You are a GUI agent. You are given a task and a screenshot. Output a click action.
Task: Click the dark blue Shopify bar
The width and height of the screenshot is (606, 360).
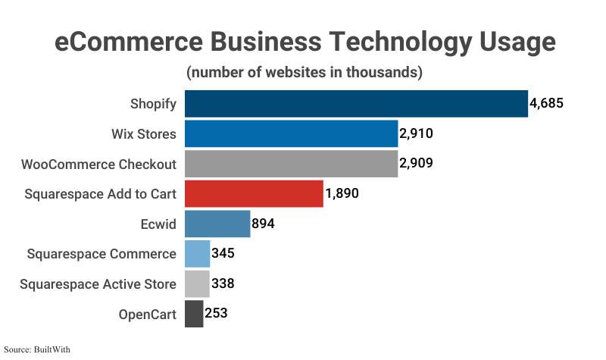356,104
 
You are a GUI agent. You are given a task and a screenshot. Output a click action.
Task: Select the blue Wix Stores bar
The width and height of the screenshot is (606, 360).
292,134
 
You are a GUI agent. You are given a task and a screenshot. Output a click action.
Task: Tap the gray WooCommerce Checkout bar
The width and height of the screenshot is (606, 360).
292,164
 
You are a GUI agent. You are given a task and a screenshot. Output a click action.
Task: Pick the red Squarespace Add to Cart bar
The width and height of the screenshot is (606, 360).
254,193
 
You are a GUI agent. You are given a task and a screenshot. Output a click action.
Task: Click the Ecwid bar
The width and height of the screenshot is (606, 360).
217,224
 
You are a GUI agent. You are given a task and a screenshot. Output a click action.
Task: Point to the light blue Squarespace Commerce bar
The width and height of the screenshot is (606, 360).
197,253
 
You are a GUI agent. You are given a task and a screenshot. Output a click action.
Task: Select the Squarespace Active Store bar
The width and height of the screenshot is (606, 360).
197,283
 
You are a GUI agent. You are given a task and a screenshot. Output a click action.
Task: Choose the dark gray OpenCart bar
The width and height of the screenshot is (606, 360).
194,313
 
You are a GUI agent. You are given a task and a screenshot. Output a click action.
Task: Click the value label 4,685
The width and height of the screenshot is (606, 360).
547,104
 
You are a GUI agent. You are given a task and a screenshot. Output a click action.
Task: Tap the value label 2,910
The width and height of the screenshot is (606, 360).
417,134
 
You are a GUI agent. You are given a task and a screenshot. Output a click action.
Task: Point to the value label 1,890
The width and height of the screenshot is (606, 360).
342,193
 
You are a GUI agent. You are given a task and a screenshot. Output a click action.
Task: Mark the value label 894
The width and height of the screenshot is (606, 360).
263,224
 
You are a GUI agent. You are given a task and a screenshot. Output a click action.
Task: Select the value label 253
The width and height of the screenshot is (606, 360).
216,313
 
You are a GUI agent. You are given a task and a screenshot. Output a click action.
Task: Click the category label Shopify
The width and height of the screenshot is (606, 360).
153,104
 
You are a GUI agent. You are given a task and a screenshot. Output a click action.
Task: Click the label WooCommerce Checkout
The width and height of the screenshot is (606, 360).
98,164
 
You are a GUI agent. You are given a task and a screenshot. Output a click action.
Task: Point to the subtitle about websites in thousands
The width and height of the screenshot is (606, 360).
303,73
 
